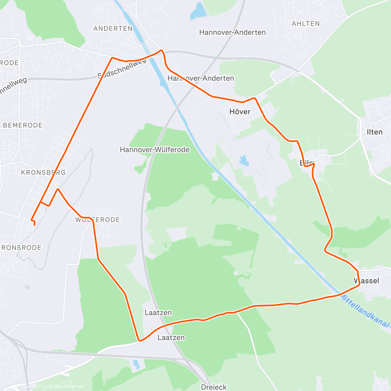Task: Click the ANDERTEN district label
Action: pos(113,29)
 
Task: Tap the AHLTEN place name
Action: pos(306,23)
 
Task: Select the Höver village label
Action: pos(240,112)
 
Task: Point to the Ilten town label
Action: pos(374,132)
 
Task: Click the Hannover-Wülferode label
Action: pos(155,150)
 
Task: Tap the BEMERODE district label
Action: pos(23,125)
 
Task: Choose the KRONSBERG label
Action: pos(43,172)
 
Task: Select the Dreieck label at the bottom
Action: pos(214,387)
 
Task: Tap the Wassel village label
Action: pos(367,281)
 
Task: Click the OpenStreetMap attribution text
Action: pos(68,387)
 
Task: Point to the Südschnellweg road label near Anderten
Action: pos(122,69)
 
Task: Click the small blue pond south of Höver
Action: pos(243,160)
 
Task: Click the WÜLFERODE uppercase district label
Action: pos(98,220)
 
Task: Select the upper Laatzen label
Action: pos(158,313)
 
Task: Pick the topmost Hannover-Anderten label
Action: pos(232,32)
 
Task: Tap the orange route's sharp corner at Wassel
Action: pos(359,284)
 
